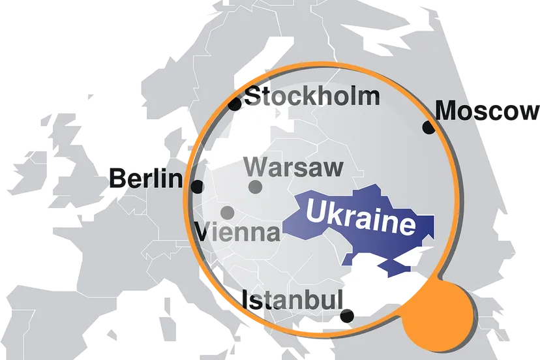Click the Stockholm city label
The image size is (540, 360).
pyautogui.click(x=312, y=97)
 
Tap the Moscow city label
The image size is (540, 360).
pyautogui.click(x=486, y=111)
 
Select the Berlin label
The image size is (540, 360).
pyautogui.click(x=146, y=177)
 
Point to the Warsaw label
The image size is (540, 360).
pyautogui.click(x=293, y=167)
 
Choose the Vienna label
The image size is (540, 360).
pyautogui.click(x=238, y=232)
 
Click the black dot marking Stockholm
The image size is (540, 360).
pyautogui.click(x=235, y=103)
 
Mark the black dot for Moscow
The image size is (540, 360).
pyautogui.click(x=428, y=128)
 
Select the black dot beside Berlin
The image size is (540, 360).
pyautogui.click(x=197, y=187)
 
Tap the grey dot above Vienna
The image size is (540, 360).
pyautogui.click(x=228, y=213)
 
